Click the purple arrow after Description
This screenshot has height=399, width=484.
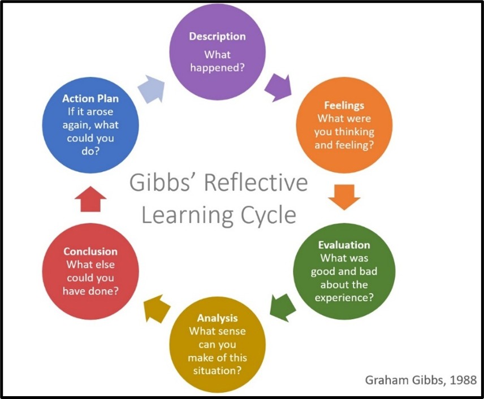[x=277, y=86]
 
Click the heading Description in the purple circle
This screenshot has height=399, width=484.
[x=218, y=36]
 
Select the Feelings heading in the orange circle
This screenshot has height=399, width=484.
[x=344, y=106]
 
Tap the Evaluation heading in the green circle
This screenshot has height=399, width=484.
[x=344, y=245]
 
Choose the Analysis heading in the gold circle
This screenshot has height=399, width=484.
[x=217, y=318]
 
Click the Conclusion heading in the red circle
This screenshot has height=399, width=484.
[x=90, y=251]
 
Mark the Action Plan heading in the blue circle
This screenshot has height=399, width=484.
[x=90, y=98]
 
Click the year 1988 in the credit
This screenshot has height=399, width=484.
[x=464, y=380]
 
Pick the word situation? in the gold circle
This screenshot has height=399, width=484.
[x=217, y=371]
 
